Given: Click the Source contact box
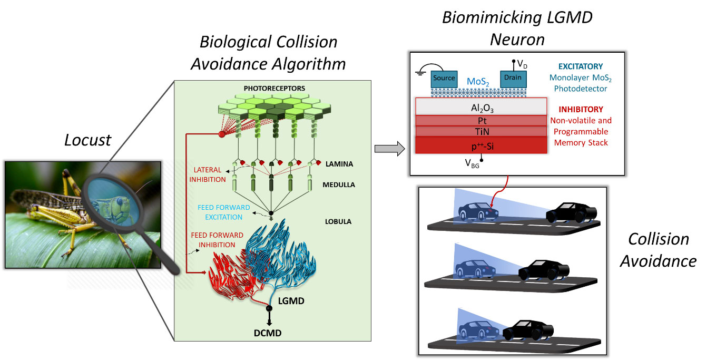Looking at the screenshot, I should pos(444,78).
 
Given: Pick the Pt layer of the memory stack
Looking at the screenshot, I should pos(480,121).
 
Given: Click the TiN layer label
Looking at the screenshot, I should pos(480,132).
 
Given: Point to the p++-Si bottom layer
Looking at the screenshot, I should pos(480,145).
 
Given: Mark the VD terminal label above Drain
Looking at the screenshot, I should pos(522,64).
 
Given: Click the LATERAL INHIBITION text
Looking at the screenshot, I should pos(210,174).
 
